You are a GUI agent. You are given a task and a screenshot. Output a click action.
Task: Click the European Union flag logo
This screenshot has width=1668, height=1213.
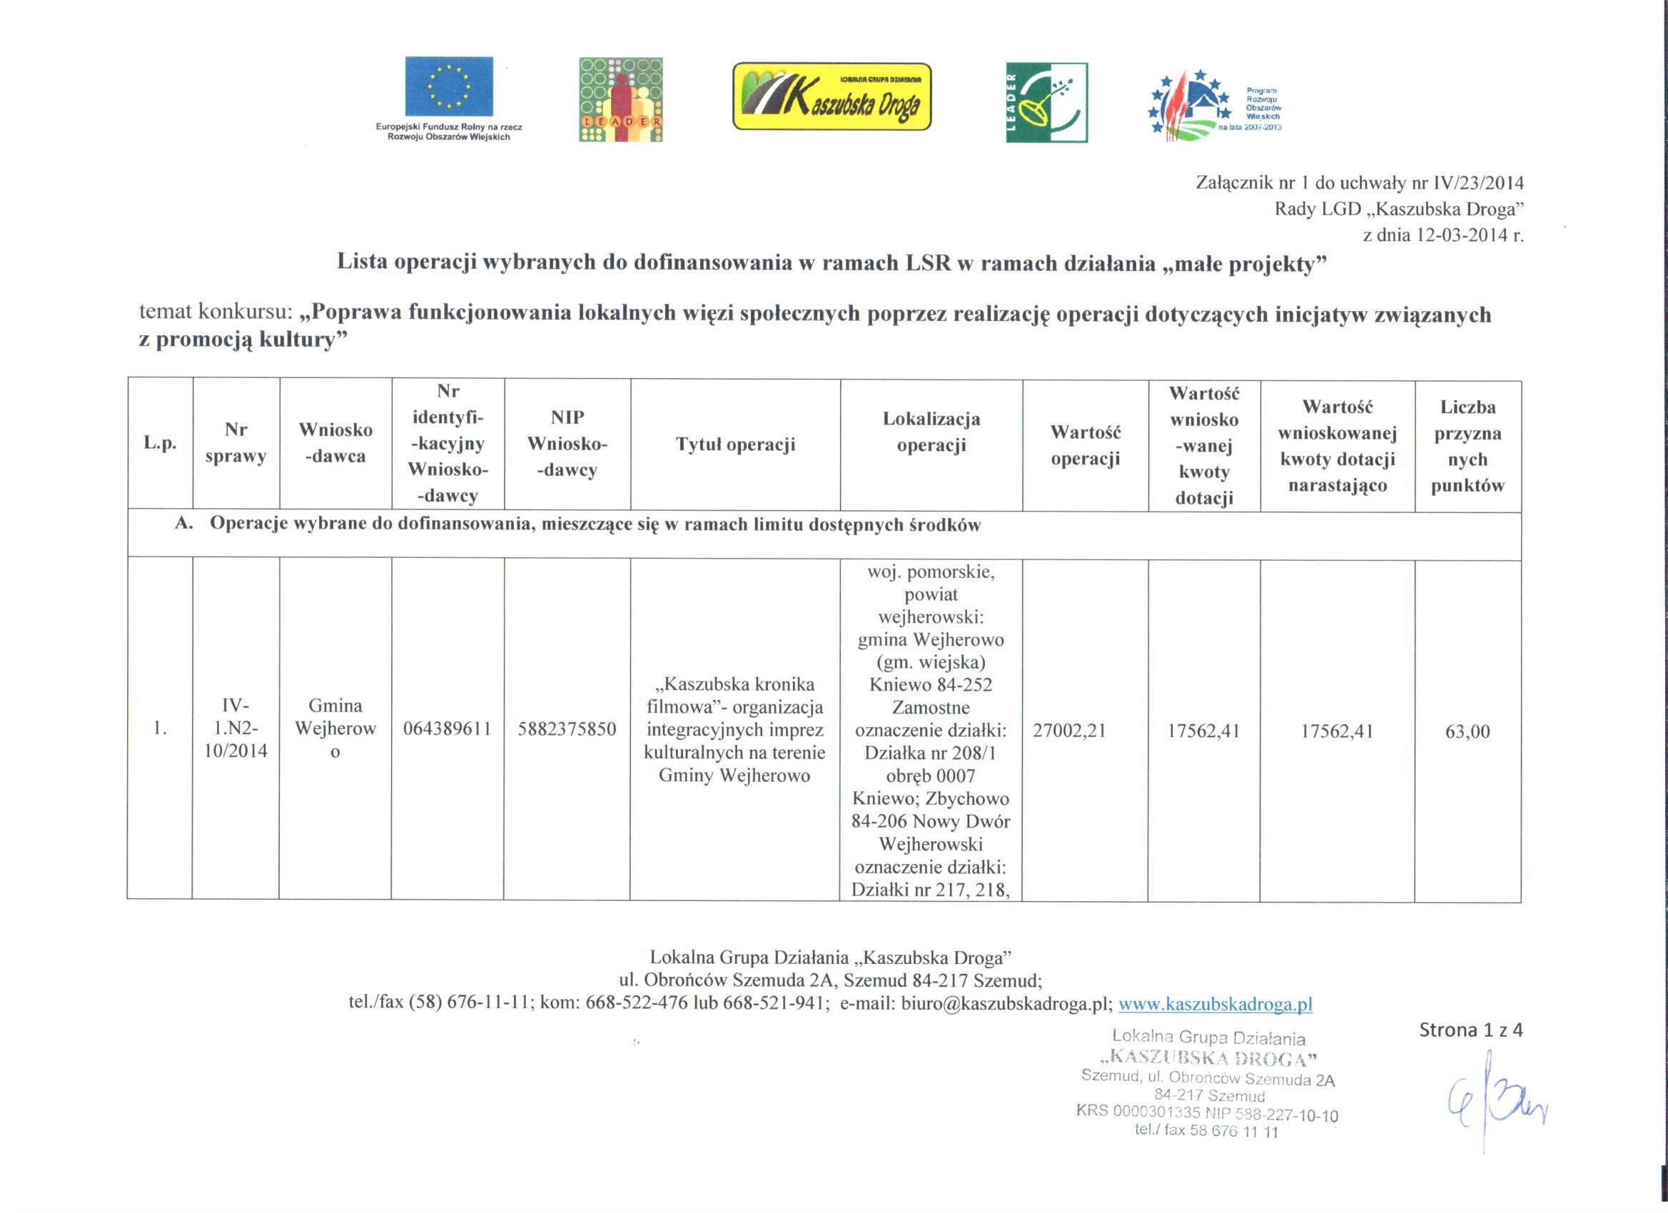[449, 87]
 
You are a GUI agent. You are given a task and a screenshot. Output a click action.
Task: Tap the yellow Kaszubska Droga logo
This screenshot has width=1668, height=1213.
[831, 96]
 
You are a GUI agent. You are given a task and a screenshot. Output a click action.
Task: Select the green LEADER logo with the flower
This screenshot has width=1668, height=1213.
[1046, 102]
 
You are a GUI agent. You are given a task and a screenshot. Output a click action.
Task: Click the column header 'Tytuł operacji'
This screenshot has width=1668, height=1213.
[735, 445]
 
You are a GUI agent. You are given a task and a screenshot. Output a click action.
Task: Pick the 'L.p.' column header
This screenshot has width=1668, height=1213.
[161, 444]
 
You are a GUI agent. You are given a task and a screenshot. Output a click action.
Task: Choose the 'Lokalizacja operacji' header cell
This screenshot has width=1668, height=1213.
[931, 432]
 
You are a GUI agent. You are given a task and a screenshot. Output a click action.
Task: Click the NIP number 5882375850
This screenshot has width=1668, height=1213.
[567, 729]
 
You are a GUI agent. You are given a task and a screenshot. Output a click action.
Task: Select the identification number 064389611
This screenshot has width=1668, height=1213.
[447, 729]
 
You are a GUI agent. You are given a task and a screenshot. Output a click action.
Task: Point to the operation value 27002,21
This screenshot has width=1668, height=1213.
[1069, 730]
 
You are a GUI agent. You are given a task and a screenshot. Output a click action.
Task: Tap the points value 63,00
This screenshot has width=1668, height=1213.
[1467, 731]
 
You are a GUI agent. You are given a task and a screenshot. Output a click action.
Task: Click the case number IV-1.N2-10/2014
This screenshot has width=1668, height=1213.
[236, 728]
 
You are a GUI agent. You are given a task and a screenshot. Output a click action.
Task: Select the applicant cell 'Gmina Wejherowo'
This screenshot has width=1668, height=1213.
[335, 728]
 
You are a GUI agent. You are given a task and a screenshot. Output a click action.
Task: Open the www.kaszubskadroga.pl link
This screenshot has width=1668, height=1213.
[1215, 1004]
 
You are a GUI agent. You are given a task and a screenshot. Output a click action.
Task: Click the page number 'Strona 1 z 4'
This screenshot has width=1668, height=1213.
[1470, 1030]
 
